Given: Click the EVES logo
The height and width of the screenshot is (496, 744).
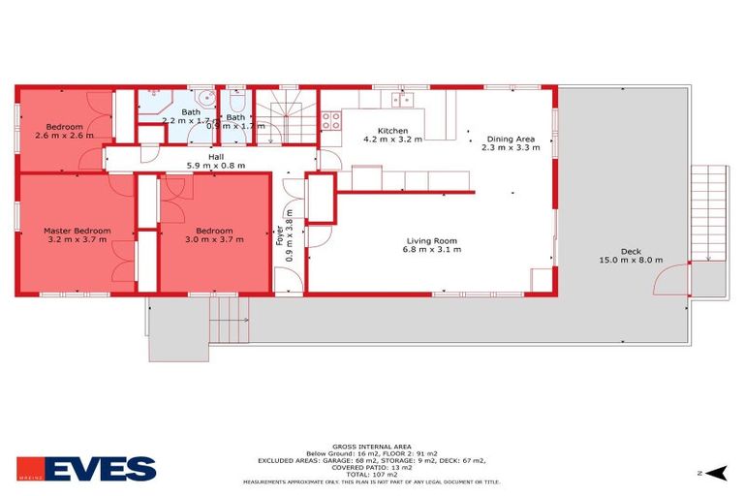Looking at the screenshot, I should [x=86, y=469].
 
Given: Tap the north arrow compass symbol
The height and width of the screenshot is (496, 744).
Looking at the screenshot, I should [x=714, y=472].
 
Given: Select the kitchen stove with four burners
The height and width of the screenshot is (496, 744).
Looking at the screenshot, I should [x=330, y=121].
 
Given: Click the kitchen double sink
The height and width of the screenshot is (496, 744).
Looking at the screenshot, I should [x=403, y=98].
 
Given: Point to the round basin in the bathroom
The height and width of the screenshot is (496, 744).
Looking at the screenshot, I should [x=202, y=99].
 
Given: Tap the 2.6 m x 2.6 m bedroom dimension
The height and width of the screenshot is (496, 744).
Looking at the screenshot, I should [x=64, y=135].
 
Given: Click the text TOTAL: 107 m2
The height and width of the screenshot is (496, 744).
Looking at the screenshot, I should [x=371, y=474].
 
